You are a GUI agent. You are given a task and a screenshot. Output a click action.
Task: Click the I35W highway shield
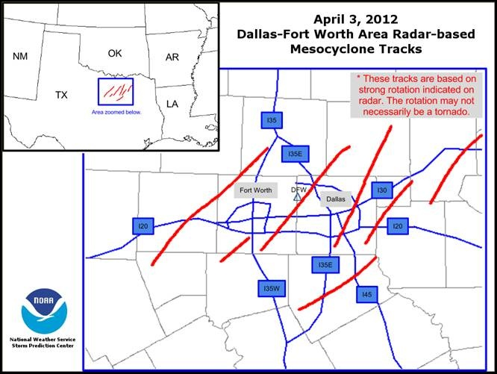pos(271,287)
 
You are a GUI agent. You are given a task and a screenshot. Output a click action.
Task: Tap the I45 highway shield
pos(366,296)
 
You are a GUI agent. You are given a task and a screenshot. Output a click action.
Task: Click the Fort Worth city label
pos(256,190)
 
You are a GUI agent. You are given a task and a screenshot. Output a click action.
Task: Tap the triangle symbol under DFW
pos(298,198)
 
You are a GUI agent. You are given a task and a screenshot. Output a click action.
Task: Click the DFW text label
pos(298,190)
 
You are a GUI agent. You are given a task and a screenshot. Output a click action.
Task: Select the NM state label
pos(20,56)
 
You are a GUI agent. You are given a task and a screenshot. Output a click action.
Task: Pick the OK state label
pos(114,53)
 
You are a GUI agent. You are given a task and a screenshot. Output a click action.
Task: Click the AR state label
pos(172,57)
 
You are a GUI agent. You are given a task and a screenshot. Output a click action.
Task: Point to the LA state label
pos(172,103)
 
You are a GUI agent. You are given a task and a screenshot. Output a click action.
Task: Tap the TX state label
pos(62,95)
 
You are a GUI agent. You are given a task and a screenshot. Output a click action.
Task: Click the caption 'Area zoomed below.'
pos(116,111)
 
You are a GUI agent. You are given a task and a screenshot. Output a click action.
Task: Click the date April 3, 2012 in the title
pos(361,19)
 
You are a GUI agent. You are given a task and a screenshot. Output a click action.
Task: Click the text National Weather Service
pos(42,340)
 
